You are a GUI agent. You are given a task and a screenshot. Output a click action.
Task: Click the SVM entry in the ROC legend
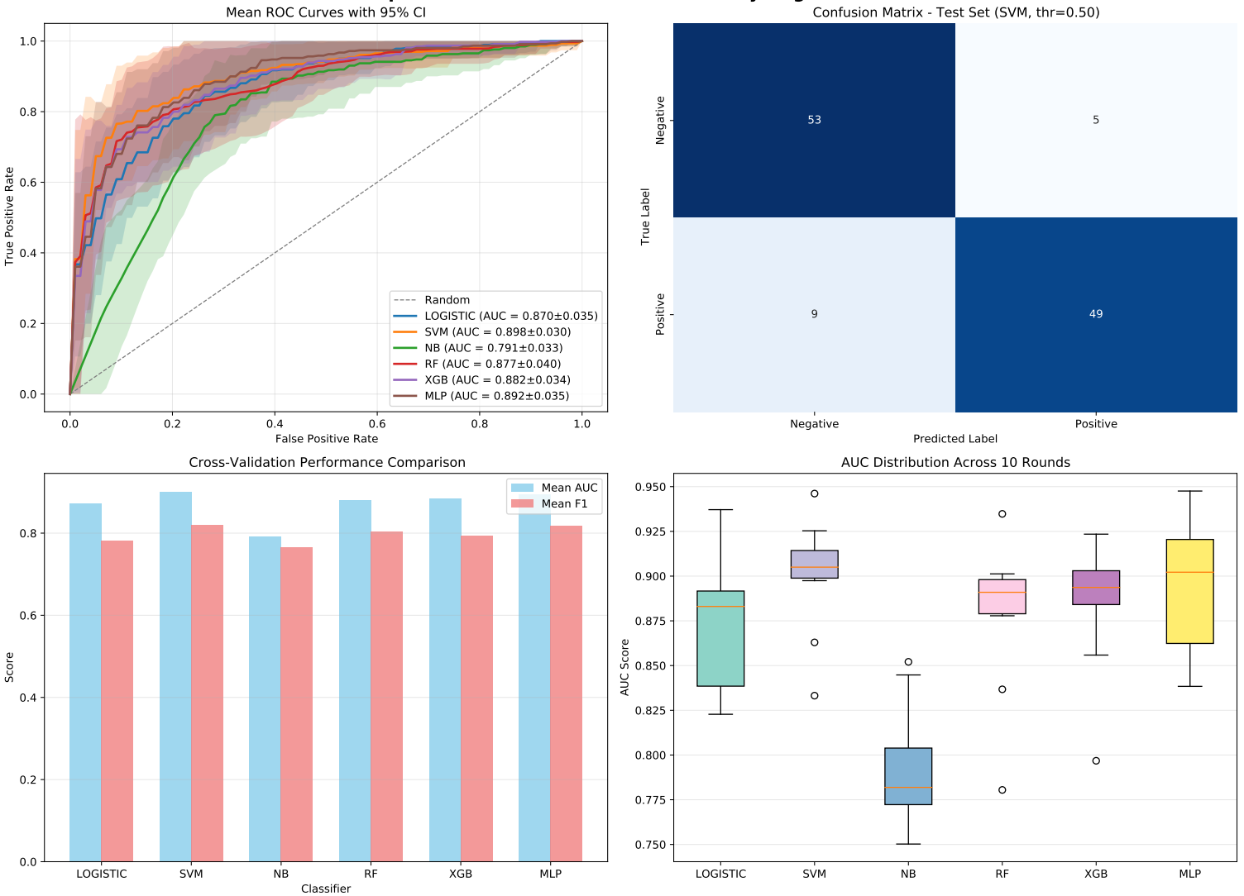[497, 331]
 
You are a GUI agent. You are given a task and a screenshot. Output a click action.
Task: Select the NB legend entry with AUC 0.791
[493, 348]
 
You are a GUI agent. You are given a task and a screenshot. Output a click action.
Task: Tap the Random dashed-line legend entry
[447, 300]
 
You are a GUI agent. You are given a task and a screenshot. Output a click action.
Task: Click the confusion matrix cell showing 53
[814, 120]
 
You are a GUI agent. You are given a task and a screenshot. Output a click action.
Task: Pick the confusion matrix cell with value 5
[1095, 120]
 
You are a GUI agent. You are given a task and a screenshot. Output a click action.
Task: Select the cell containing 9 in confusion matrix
[814, 314]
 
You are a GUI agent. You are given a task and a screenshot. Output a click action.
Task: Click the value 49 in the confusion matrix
[1095, 314]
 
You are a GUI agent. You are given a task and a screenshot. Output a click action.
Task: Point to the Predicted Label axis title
[955, 439]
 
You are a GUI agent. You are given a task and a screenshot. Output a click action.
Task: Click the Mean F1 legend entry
[563, 503]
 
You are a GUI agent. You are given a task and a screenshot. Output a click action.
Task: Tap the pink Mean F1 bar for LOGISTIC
[117, 701]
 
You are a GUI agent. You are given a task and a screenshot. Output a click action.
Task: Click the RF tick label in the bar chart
[371, 874]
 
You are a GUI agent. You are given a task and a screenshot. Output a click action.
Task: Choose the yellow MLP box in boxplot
[1189, 591]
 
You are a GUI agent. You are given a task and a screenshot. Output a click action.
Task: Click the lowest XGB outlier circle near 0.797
[1096, 760]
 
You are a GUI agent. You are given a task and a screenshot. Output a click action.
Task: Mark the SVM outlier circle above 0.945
[815, 493]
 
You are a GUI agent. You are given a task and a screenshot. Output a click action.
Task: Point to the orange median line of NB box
[908, 787]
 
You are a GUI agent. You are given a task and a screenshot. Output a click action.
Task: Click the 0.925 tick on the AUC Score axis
[650, 531]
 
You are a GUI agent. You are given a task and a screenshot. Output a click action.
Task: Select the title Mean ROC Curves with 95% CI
[326, 12]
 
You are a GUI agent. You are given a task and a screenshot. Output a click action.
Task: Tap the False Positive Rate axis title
[326, 439]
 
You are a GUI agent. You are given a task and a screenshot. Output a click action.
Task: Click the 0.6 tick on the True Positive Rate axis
[28, 183]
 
